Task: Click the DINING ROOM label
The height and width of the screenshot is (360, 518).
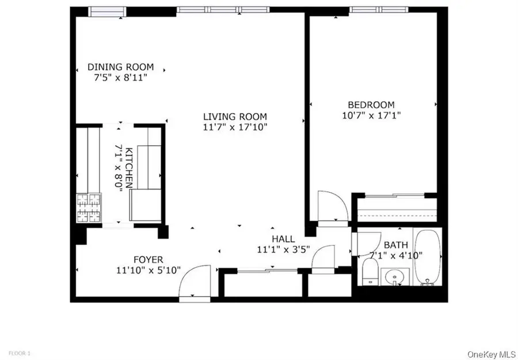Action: point(120,67)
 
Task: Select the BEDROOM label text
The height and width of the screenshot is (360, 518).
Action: point(371,105)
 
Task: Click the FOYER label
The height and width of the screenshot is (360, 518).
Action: point(133,260)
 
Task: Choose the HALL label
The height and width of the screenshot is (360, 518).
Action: point(283,239)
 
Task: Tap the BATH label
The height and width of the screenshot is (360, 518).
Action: point(396,245)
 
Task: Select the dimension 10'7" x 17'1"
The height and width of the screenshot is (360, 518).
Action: point(371,115)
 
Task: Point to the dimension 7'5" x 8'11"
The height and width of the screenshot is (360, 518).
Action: point(120,77)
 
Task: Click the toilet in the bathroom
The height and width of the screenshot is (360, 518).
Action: point(370,271)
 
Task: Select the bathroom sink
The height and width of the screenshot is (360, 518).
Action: point(394,276)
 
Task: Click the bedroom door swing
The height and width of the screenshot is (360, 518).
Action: point(333,208)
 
